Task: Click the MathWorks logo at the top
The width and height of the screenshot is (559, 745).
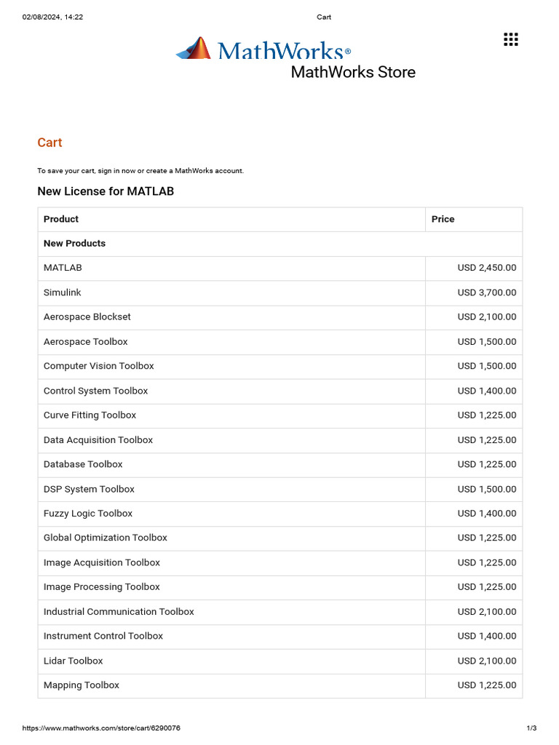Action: (263, 49)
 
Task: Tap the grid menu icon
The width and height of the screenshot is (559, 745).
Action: (511, 39)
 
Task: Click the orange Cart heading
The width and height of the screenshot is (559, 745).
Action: (49, 143)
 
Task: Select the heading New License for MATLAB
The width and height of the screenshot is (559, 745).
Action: (106, 191)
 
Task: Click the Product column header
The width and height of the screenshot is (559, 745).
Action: (61, 219)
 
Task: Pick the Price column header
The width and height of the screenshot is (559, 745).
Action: (443, 219)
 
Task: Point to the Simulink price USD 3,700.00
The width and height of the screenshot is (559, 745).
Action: (487, 292)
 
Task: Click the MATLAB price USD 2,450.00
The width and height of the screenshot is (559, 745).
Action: (487, 268)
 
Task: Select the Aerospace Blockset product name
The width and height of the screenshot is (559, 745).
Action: (87, 317)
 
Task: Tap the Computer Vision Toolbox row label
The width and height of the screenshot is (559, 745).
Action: (99, 366)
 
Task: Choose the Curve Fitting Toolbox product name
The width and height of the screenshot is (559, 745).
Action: (90, 415)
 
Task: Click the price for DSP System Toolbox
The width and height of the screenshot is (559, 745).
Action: (487, 489)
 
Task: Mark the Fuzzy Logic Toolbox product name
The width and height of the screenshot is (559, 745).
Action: (88, 514)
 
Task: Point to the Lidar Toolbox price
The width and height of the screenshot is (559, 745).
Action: (487, 661)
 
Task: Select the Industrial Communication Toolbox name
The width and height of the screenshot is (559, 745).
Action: (119, 612)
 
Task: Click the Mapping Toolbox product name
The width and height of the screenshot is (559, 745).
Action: (82, 685)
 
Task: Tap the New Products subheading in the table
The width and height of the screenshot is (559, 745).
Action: (74, 244)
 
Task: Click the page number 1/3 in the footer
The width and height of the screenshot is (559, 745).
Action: (531, 728)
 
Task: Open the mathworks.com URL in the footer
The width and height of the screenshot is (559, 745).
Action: (101, 728)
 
